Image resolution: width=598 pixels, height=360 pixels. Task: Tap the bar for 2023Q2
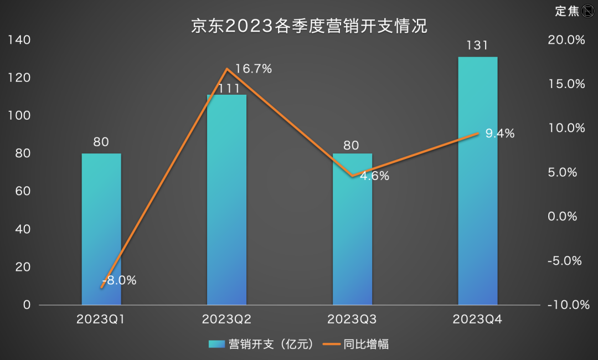click(226, 199)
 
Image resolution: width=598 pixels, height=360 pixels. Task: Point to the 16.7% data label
click(254, 69)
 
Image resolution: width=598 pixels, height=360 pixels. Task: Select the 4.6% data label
click(375, 177)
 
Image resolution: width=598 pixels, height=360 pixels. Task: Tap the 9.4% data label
click(500, 133)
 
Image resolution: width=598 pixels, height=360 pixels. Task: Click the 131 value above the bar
click(477, 46)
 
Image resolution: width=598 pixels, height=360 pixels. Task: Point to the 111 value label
click(226, 88)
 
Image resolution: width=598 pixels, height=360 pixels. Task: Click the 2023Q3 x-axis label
click(352, 320)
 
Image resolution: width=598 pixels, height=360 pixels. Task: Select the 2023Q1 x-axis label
click(101, 320)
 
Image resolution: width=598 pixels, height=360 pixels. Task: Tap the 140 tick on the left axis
click(19, 40)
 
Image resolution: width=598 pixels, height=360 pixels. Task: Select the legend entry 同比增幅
click(357, 344)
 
